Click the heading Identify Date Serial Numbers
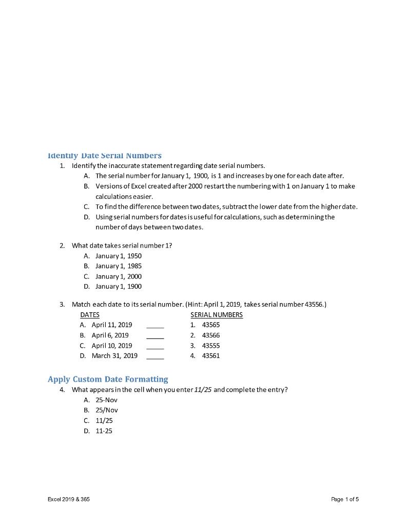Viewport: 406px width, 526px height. (x=104, y=155)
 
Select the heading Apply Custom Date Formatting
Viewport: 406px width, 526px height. (x=108, y=379)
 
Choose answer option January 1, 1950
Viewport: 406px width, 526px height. (x=118, y=256)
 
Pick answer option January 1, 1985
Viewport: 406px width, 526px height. (x=118, y=266)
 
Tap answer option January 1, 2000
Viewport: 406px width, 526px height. (x=118, y=276)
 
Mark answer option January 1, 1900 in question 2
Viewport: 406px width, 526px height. (x=118, y=286)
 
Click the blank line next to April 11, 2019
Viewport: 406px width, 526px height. (x=155, y=326)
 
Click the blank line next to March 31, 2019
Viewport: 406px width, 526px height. (x=155, y=356)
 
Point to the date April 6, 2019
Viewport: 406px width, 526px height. (x=110, y=335)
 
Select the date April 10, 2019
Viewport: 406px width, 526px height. (x=111, y=345)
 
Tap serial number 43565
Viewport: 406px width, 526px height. (x=210, y=325)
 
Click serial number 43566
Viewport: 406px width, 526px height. (x=210, y=335)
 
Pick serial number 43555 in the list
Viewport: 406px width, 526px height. (x=210, y=345)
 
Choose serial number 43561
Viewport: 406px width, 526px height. (x=210, y=355)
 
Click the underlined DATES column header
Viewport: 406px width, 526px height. (x=90, y=314)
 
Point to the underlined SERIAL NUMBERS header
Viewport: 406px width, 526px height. (x=216, y=314)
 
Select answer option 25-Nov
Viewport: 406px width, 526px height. (x=106, y=400)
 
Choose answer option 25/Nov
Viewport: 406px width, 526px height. (x=106, y=410)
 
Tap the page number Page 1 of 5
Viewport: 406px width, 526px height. (x=345, y=499)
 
